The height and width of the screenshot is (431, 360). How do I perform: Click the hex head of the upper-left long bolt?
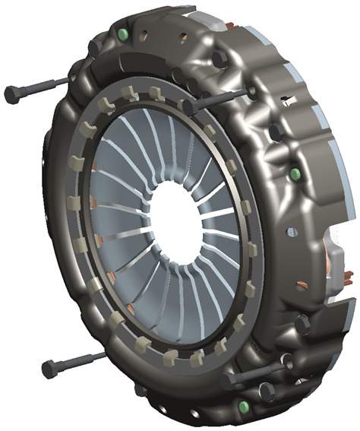[14, 94]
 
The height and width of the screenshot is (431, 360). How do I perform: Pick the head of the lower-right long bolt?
[229, 377]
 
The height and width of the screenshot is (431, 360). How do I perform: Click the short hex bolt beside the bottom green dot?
[265, 391]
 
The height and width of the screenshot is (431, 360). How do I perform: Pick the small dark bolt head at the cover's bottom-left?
[138, 389]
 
